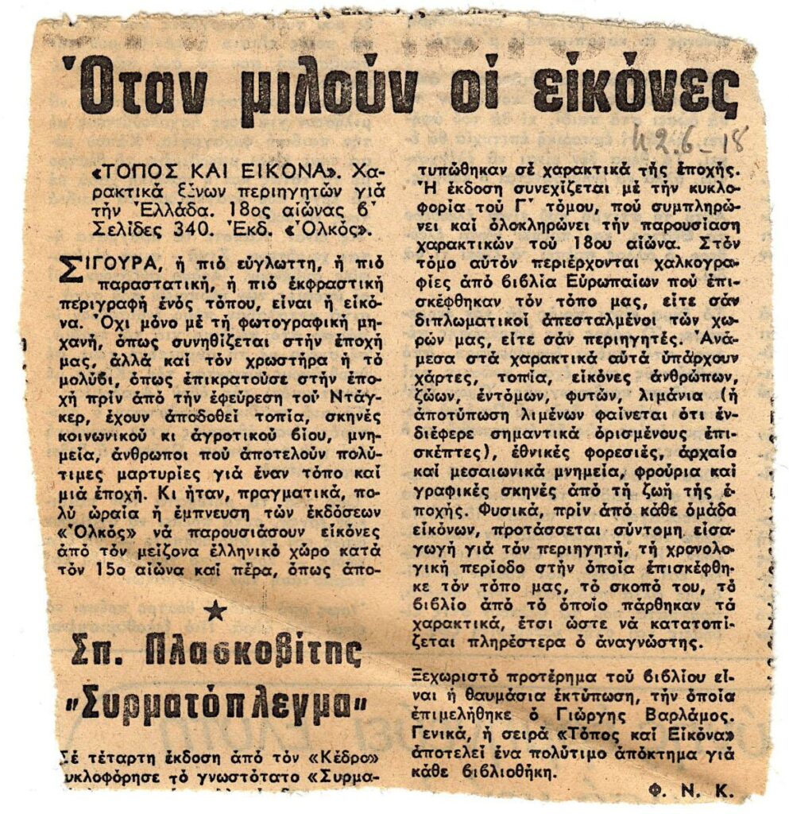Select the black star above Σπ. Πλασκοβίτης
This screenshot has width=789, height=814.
click(x=214, y=610)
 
